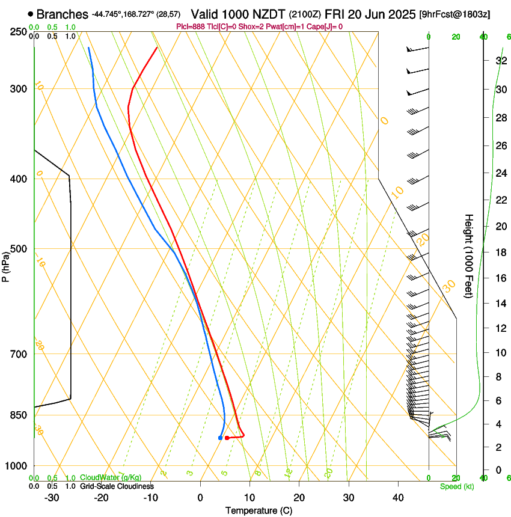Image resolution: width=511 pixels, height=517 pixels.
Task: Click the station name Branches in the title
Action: (x=62, y=14)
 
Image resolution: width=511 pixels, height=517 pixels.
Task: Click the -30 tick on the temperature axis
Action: (x=52, y=498)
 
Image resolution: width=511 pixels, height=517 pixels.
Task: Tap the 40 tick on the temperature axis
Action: (x=397, y=498)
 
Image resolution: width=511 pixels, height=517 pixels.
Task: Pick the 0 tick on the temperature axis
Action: (x=200, y=498)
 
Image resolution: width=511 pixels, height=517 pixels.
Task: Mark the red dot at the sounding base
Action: (x=227, y=438)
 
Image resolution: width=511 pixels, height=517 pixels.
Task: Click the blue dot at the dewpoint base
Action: (x=220, y=438)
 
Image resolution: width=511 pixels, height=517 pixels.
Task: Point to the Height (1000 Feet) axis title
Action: (x=469, y=256)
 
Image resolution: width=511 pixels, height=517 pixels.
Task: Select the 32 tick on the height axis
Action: (x=500, y=61)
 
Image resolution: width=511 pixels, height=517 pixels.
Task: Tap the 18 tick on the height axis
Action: (x=500, y=252)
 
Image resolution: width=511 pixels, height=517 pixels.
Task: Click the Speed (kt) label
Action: (x=456, y=486)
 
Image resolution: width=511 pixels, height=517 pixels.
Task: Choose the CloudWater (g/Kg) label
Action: (x=110, y=478)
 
